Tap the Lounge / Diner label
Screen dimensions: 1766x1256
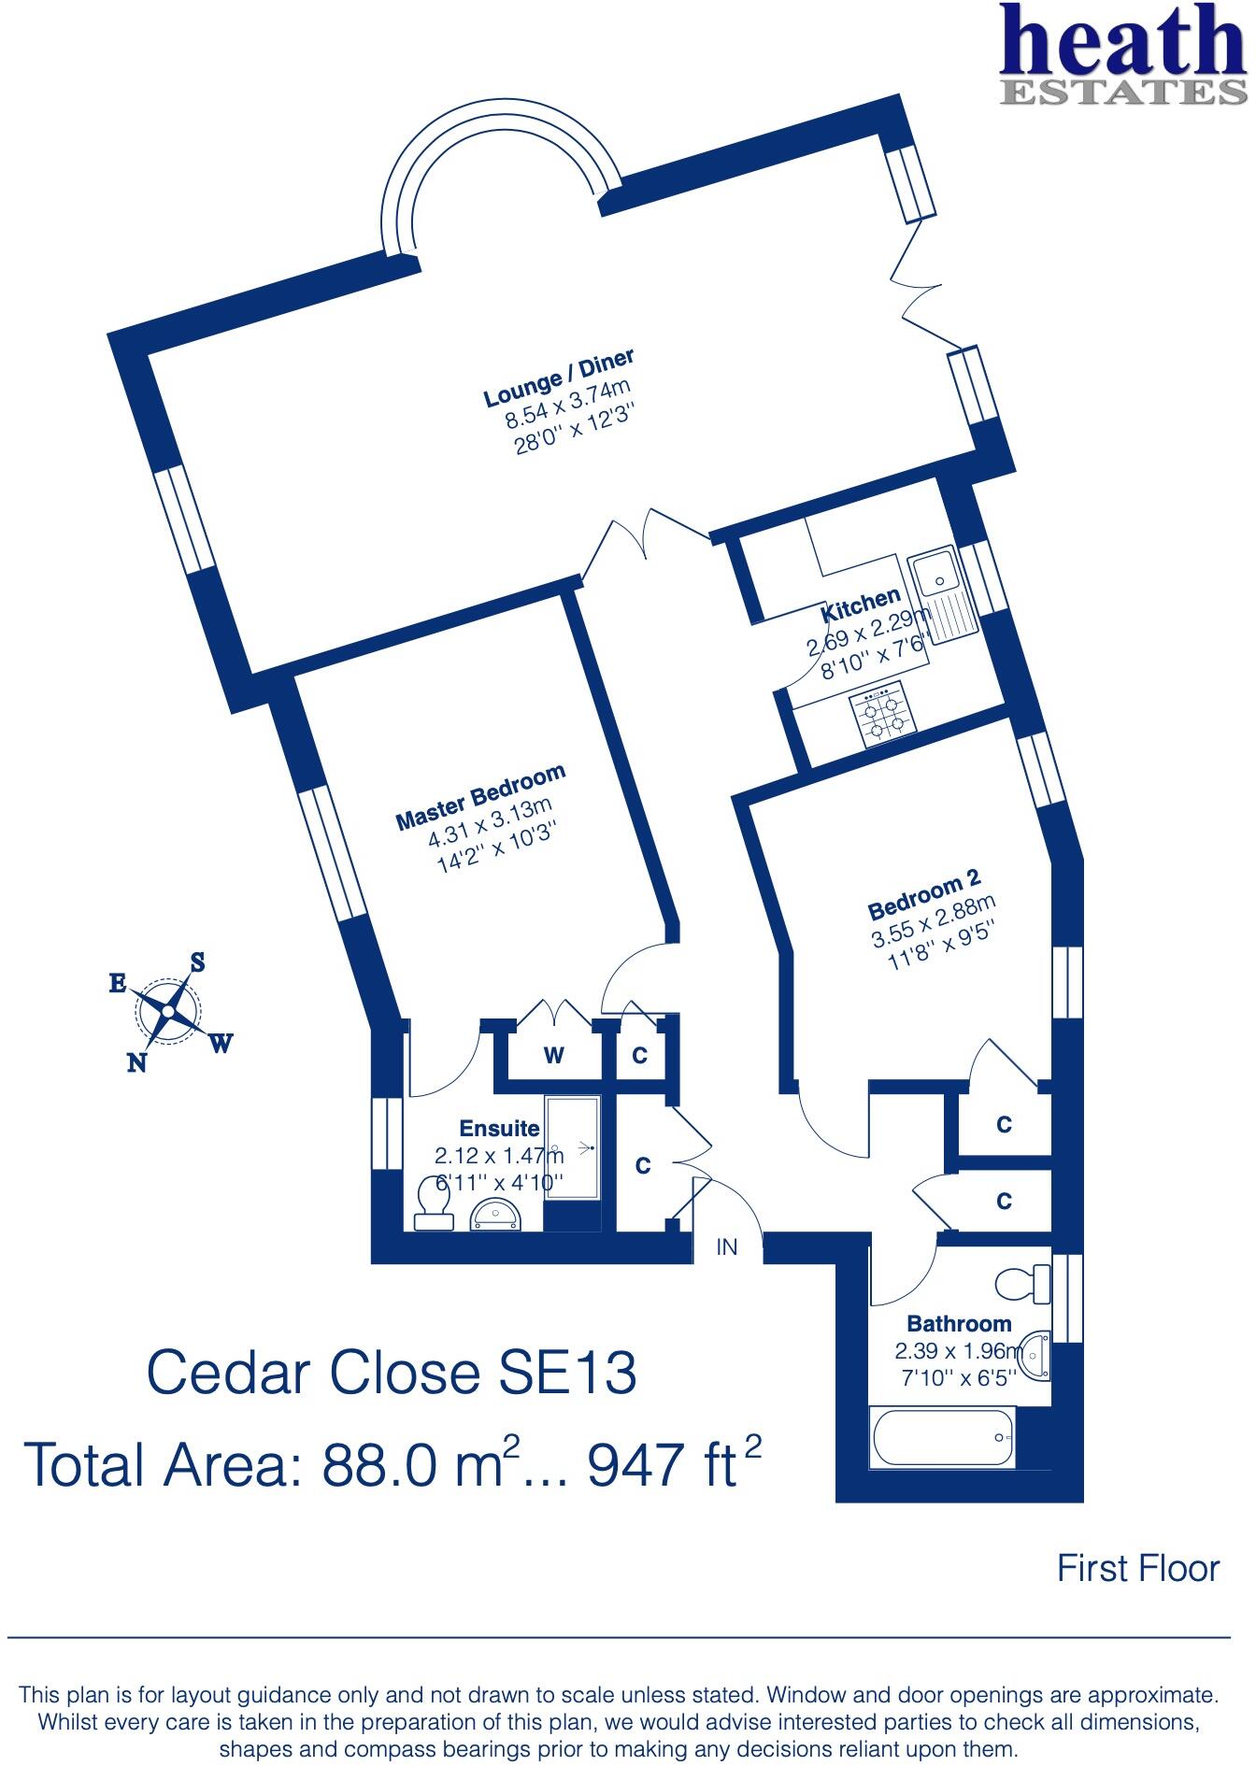559,377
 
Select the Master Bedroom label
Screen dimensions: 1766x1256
480,797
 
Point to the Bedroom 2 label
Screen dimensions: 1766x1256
923,894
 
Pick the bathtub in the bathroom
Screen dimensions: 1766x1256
942,1437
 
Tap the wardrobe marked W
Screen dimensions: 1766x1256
554,1056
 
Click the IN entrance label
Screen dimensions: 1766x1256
727,1246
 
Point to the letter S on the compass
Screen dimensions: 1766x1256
197,961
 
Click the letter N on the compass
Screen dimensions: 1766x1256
137,1062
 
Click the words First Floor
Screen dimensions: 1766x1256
1137,1568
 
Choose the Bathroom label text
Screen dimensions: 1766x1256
959,1323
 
